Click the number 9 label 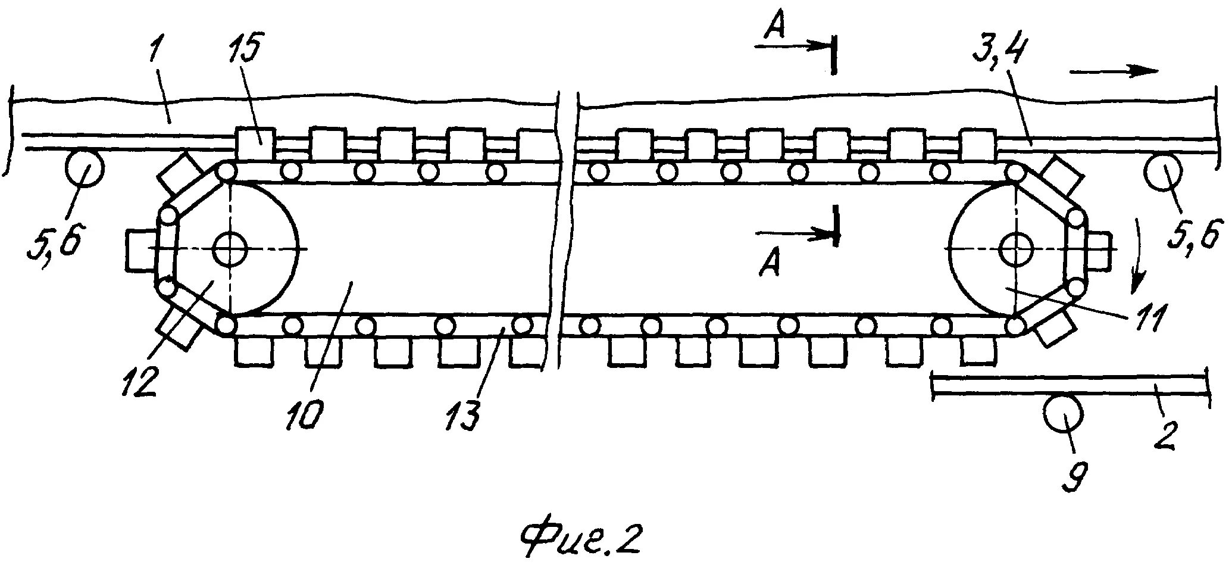tap(1078, 476)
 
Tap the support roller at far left tap(83, 168)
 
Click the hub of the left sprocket tap(230, 249)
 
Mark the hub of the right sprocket tap(1017, 249)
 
